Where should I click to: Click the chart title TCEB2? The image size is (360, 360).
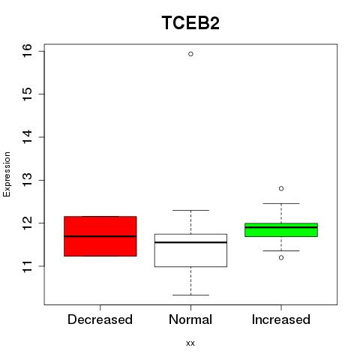(x=190, y=22)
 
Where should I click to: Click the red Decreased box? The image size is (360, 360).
(x=100, y=236)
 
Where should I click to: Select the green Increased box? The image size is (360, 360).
(x=281, y=229)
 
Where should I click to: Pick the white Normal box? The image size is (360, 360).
(x=190, y=250)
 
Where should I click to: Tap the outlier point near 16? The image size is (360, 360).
(x=190, y=54)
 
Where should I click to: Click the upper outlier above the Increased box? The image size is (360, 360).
(x=281, y=188)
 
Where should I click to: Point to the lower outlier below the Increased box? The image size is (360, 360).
(x=281, y=257)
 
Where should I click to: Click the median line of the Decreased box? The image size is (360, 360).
(x=100, y=236)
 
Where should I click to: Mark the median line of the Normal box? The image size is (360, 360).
(x=190, y=242)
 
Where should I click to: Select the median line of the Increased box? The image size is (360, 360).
(x=281, y=227)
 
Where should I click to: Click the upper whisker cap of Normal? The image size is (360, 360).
(x=190, y=210)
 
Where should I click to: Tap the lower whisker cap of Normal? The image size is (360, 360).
(x=190, y=295)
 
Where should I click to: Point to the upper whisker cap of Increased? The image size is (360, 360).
(x=281, y=203)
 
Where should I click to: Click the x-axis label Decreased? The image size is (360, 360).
(x=100, y=319)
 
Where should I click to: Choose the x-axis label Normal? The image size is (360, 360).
(x=190, y=319)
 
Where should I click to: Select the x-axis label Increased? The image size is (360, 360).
(x=281, y=319)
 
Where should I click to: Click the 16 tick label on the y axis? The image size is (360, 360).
(x=27, y=51)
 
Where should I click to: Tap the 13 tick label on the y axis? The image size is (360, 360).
(x=27, y=180)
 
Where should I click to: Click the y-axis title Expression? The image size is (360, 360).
(x=7, y=174)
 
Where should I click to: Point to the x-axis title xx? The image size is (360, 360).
(x=190, y=343)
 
